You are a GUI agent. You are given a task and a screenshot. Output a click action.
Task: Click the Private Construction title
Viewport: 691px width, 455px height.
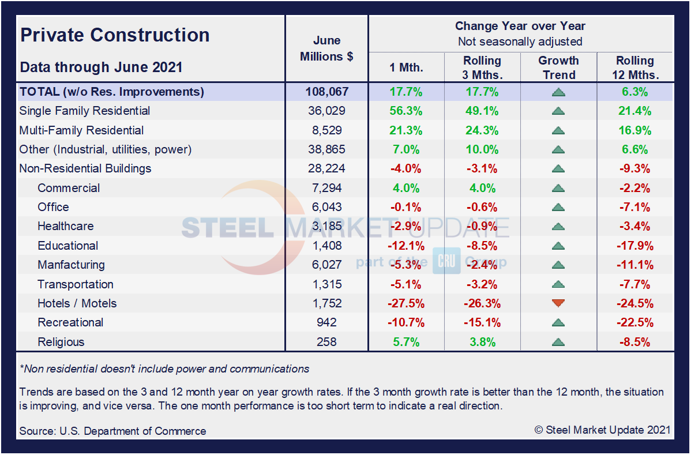tap(115, 35)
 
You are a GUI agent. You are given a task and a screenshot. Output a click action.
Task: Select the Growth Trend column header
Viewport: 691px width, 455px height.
tap(558, 68)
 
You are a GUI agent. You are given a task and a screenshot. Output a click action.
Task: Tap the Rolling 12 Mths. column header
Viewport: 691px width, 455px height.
tap(635, 68)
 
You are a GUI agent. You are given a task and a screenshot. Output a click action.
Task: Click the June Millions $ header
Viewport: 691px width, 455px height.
tap(326, 48)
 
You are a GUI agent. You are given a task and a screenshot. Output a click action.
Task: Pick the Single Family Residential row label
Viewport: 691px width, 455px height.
tap(85, 111)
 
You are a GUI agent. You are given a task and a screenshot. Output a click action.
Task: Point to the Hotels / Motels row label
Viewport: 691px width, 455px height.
tap(77, 303)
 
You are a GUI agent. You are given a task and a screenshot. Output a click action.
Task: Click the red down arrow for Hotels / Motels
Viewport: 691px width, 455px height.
tap(558, 303)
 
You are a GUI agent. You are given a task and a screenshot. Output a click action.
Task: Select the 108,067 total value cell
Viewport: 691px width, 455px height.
tap(326, 92)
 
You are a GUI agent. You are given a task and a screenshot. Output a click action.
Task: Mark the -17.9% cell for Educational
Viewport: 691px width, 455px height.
tap(635, 246)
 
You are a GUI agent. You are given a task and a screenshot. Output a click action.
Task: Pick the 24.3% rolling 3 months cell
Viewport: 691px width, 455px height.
tap(482, 130)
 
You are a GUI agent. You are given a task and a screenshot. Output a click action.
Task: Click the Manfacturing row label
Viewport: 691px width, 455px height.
tap(71, 265)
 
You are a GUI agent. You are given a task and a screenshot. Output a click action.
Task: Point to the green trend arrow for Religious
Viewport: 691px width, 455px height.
tap(558, 342)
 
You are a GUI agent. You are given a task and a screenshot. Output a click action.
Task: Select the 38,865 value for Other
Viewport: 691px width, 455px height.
tap(326, 149)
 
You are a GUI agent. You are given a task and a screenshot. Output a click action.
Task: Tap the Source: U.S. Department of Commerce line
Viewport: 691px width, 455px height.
tap(112, 431)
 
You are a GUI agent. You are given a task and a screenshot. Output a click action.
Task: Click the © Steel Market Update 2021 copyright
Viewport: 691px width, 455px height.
tap(602, 430)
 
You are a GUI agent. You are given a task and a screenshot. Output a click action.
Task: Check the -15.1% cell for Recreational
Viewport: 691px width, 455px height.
tap(482, 322)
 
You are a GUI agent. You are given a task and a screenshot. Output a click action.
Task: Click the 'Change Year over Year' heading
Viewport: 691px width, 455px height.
tap(520, 26)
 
